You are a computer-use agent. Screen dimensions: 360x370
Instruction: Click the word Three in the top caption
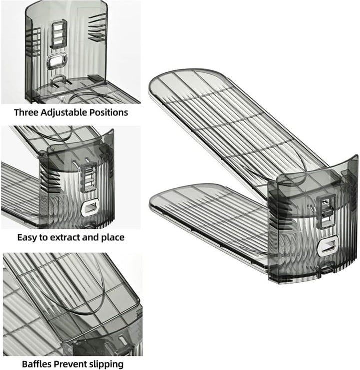pos(26,112)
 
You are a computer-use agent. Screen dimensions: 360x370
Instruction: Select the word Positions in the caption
pos(108,112)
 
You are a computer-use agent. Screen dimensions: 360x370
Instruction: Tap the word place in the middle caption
pos(113,238)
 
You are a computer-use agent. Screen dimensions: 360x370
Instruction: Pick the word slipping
pos(106,364)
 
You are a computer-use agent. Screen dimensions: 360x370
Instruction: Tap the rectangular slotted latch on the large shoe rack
pos(326,211)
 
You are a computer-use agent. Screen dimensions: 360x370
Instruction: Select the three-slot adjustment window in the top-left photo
pos(59,34)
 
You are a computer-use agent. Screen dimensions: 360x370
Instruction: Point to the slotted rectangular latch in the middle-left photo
pos(88,177)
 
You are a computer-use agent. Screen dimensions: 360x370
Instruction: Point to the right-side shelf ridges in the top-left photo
pos(97,27)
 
